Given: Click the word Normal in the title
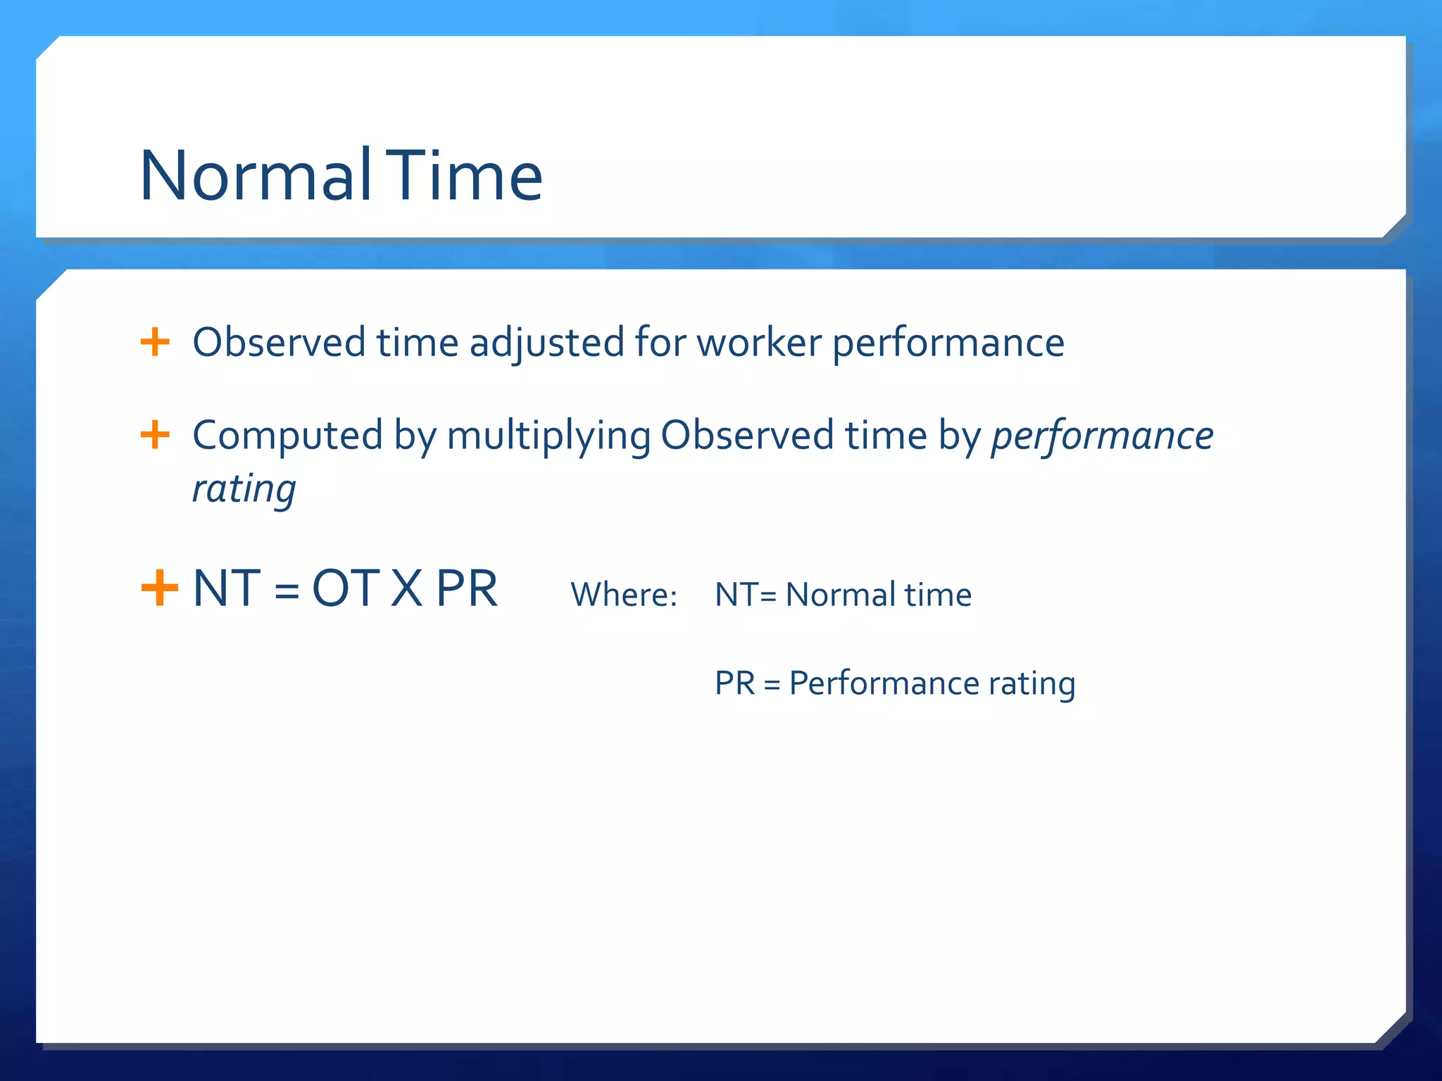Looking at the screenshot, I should click(255, 176).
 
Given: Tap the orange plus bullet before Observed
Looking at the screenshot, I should click(155, 343).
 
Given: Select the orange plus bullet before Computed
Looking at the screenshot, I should click(155, 435).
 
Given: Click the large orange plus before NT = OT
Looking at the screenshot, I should click(159, 588).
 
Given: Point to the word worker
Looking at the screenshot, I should click(759, 343).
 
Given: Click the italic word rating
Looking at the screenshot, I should click(244, 488).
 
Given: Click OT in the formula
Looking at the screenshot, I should click(346, 589).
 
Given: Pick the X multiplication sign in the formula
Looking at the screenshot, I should click(407, 589).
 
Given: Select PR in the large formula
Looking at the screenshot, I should click(466, 589).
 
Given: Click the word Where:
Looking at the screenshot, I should click(623, 595).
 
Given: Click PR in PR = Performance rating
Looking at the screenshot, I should click(734, 683).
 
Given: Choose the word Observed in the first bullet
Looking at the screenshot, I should click(279, 343).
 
